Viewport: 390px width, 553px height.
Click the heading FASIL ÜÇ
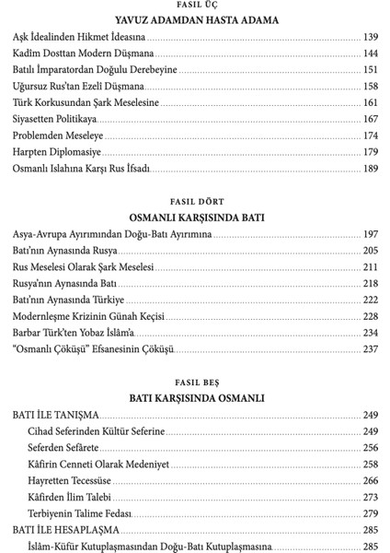(x=195, y=5)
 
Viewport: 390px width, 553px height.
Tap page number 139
(x=371, y=38)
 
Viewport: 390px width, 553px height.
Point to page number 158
(x=371, y=86)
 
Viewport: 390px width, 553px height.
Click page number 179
(x=371, y=151)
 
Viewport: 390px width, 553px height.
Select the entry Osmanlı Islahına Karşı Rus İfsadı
(x=81, y=169)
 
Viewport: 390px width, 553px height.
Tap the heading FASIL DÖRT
(x=195, y=201)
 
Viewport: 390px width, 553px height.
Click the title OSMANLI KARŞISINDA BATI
(x=195, y=217)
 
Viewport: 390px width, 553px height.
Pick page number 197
(x=371, y=234)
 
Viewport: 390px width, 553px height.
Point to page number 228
(x=371, y=316)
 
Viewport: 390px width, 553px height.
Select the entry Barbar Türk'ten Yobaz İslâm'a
(x=74, y=333)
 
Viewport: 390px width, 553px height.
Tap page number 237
(x=371, y=349)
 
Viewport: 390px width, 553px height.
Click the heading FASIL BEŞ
(x=195, y=382)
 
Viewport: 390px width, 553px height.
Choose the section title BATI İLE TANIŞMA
(x=56, y=416)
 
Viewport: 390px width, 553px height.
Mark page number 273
(x=371, y=497)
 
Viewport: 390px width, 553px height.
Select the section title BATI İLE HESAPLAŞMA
(x=65, y=529)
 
